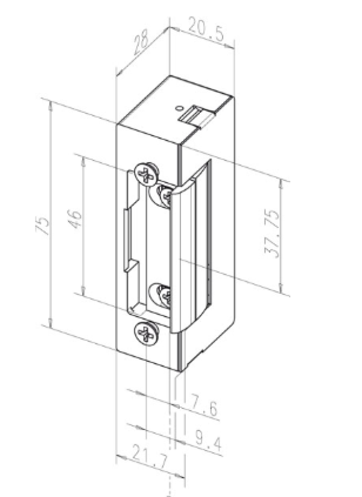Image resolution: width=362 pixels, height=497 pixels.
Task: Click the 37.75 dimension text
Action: coord(273,235)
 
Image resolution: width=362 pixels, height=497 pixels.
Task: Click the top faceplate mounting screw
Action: coord(146,174)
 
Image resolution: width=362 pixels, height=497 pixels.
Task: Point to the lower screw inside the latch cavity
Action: coord(164,295)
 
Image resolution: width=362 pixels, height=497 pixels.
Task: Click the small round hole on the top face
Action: coord(178,109)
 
